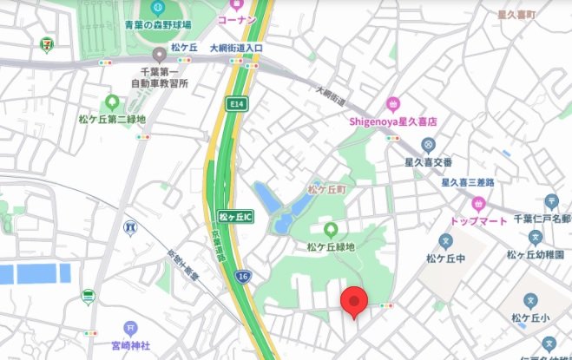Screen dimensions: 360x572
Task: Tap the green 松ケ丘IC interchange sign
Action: click(x=234, y=216)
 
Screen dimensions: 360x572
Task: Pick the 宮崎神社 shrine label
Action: click(x=131, y=344)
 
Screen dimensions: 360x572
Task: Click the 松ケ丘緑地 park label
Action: click(x=330, y=246)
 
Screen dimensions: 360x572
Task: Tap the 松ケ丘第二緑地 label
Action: click(x=112, y=119)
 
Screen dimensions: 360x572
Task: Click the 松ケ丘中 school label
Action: click(x=446, y=257)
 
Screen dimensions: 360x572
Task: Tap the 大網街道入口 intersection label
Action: click(x=236, y=49)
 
